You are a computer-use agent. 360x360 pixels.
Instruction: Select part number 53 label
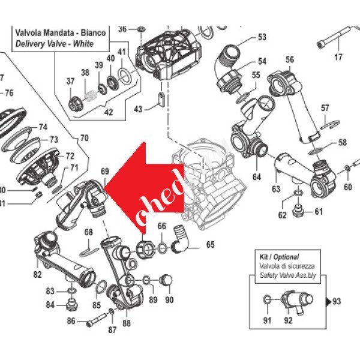click(262, 37)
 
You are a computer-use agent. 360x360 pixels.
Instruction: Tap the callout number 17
click(338, 58)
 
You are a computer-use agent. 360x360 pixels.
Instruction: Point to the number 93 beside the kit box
click(336, 301)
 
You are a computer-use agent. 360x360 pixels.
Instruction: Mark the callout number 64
click(257, 177)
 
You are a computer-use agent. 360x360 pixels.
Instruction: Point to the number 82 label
click(37, 275)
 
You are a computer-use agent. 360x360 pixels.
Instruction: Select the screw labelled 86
click(96, 320)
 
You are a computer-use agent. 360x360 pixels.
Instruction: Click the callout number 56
click(289, 59)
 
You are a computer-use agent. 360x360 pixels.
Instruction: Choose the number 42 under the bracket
click(108, 112)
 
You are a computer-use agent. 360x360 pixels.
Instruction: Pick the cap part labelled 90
click(167, 280)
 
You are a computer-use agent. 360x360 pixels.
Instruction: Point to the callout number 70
click(84, 138)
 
